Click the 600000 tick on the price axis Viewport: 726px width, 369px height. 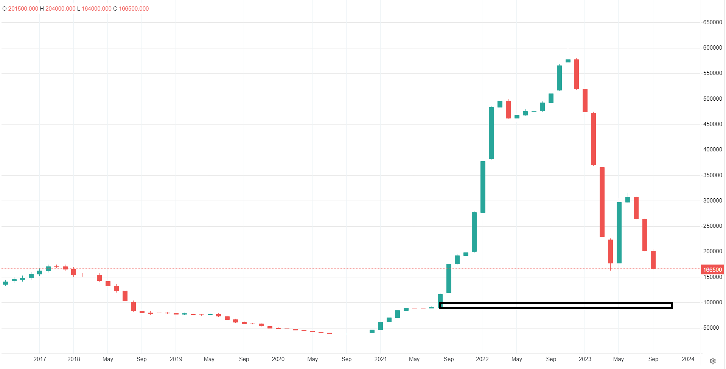(x=712, y=48)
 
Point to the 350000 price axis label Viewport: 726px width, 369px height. (x=712, y=175)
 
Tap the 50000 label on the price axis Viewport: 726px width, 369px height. (x=711, y=328)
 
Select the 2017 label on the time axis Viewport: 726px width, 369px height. (x=40, y=359)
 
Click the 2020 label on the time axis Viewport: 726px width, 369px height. (x=278, y=359)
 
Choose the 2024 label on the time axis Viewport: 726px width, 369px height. (x=688, y=359)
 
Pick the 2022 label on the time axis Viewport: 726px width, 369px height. (x=482, y=359)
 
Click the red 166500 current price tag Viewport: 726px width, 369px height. (x=712, y=270)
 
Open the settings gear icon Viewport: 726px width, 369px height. (x=713, y=361)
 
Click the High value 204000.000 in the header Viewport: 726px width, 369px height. (x=61, y=9)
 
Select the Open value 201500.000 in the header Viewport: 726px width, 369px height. (x=23, y=9)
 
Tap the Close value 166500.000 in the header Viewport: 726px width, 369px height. (x=134, y=9)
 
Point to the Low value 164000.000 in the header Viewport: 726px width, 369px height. (x=96, y=9)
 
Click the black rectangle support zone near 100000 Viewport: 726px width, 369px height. (x=555, y=305)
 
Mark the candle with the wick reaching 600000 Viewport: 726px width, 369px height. (x=568, y=60)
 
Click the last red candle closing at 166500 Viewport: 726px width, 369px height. (x=653, y=260)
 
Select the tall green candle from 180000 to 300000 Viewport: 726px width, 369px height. (x=619, y=233)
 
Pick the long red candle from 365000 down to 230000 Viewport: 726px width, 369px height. (x=602, y=202)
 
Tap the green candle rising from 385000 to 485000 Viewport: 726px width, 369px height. (x=491, y=133)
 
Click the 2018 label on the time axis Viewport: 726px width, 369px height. (x=74, y=359)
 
